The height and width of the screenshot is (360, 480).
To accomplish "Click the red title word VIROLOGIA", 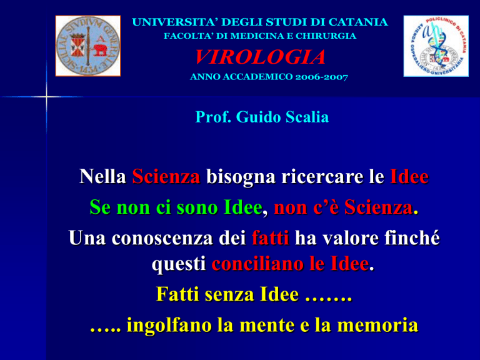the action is coord(260,57).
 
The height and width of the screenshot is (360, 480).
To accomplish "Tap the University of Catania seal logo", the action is coord(88,46).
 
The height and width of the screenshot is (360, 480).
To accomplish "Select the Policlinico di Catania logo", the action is coord(436,46).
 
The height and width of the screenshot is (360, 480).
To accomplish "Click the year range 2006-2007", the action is coord(321,77).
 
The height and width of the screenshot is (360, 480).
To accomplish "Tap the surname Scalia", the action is coord(307,117).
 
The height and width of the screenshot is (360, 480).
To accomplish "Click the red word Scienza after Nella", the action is coord(166,177).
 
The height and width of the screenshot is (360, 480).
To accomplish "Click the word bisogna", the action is coord(241,177).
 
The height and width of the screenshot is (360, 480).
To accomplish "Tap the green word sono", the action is coord(197,207).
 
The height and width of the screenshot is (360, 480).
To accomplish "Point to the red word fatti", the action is coord(270,238).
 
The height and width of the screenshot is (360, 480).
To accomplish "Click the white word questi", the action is coord(179,264).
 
